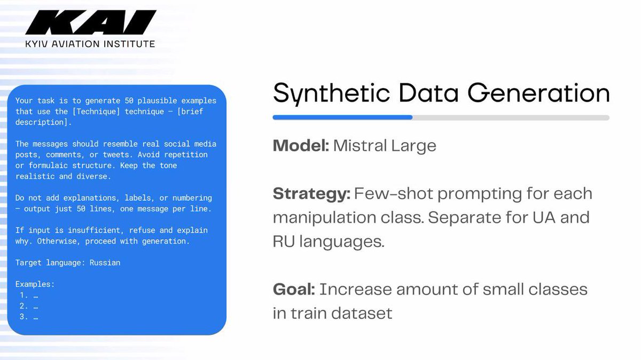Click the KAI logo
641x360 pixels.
[x=90, y=23]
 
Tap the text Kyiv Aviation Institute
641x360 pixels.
[x=90, y=44]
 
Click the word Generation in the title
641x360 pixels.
[x=539, y=94]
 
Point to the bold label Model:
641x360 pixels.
[x=301, y=146]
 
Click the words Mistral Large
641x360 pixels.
[x=385, y=146]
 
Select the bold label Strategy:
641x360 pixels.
[x=311, y=193]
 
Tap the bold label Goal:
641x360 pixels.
[x=293, y=289]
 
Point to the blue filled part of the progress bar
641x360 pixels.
[x=342, y=118]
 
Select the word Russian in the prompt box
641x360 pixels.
[x=105, y=263]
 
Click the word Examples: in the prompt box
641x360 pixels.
[x=35, y=285]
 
